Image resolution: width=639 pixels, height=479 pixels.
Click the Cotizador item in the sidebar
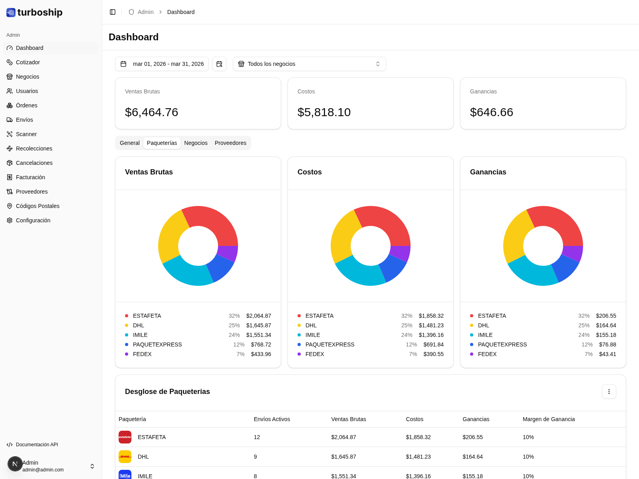(x=28, y=62)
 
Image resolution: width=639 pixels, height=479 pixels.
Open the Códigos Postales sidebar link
(x=38, y=206)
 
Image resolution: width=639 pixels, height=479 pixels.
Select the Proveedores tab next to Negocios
(x=230, y=143)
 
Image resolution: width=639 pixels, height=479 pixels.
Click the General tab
(x=129, y=143)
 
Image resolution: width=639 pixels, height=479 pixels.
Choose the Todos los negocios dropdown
(x=309, y=64)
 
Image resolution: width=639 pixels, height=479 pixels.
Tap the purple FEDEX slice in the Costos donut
(x=401, y=253)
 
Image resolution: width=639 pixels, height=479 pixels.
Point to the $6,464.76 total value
(x=151, y=112)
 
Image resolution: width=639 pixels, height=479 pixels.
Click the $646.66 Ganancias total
(x=491, y=112)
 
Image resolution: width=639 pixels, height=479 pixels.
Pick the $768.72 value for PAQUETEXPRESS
(x=261, y=344)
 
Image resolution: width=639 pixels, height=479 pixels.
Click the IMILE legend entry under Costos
(x=313, y=335)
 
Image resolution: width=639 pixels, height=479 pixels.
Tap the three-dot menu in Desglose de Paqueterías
(x=609, y=392)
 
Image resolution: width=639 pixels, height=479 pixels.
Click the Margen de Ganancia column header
(x=548, y=419)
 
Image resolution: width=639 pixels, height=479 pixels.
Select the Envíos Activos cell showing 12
(x=257, y=437)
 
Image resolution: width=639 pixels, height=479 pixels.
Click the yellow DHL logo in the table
(x=125, y=457)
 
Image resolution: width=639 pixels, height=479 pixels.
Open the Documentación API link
(x=37, y=445)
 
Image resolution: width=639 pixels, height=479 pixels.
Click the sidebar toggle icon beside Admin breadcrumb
(x=113, y=12)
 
